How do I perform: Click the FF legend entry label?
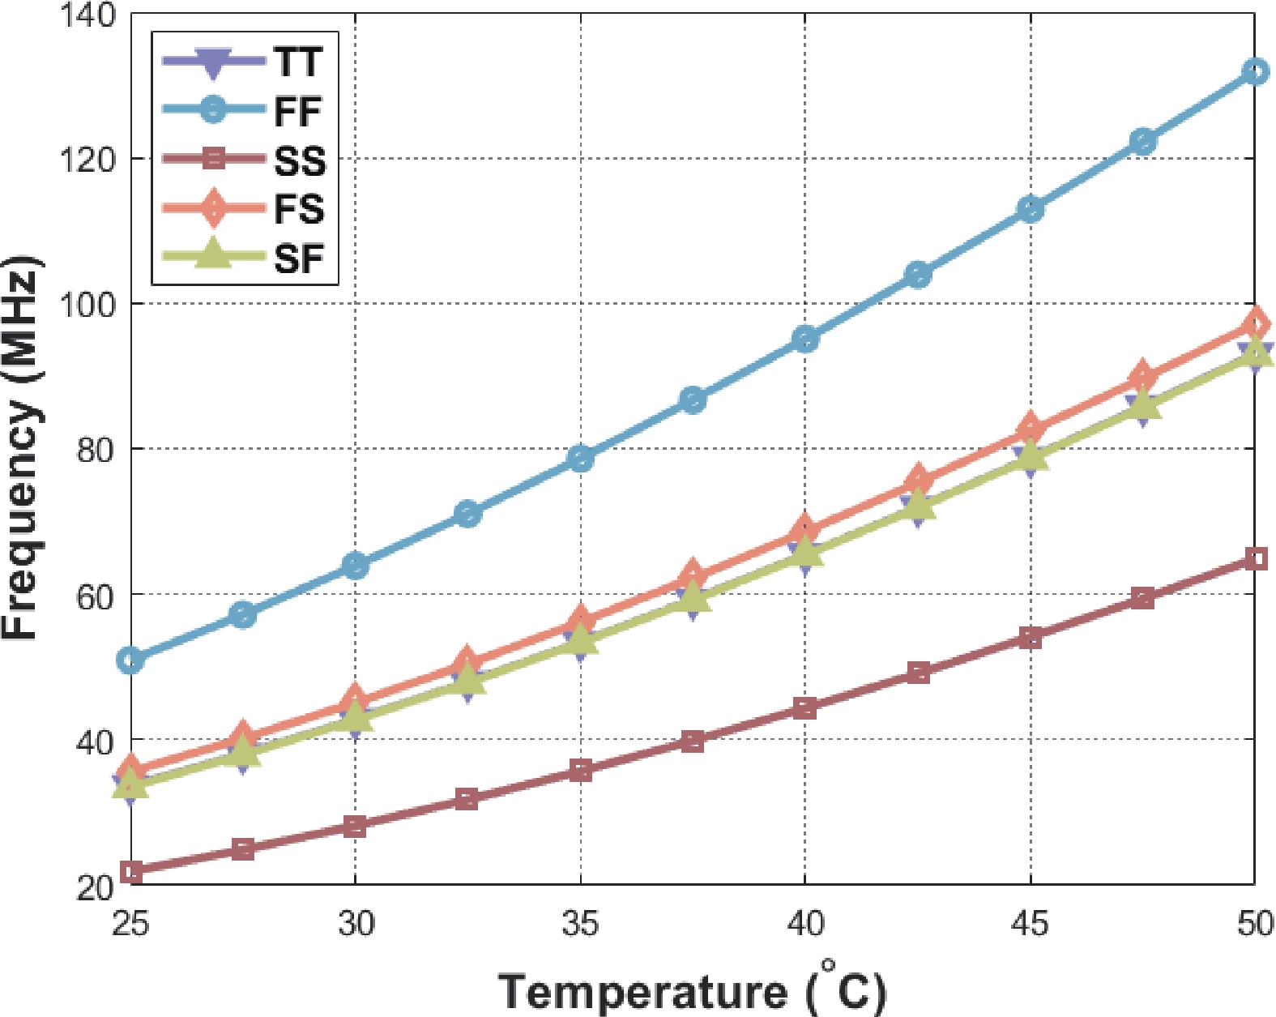coord(298,111)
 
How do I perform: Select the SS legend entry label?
coord(300,160)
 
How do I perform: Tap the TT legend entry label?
coord(298,62)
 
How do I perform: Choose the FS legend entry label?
coord(299,209)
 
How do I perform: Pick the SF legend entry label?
coord(299,259)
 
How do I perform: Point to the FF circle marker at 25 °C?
coord(130,660)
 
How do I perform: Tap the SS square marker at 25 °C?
coord(130,872)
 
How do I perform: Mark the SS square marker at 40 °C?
coord(804,708)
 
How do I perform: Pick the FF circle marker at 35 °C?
coord(580,459)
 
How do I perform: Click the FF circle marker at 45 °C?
coord(1030,209)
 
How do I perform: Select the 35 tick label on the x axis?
coord(580,923)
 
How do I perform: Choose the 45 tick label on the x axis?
coord(1030,923)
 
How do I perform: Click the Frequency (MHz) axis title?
coord(20,448)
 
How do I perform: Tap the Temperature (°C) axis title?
coord(692,989)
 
